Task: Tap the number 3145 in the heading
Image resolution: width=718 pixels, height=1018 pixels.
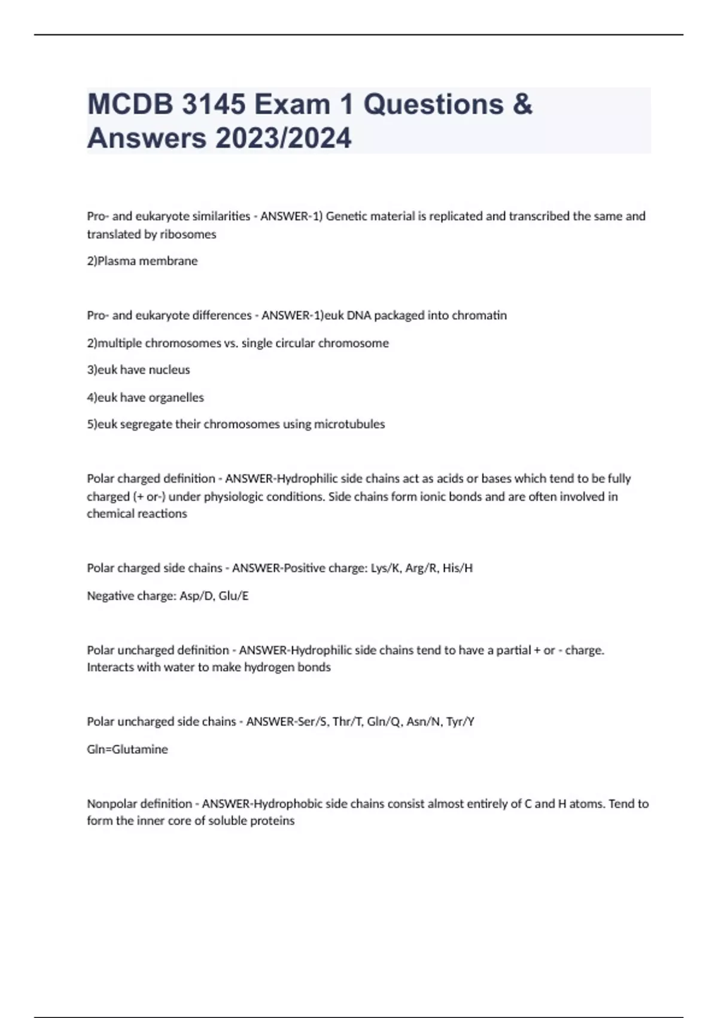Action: (213, 105)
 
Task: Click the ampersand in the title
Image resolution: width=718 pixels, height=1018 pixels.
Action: (522, 105)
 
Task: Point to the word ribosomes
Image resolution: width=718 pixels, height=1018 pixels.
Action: (187, 234)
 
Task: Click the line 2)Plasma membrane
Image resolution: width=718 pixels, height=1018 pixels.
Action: (142, 261)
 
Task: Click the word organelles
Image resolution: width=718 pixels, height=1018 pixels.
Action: (175, 398)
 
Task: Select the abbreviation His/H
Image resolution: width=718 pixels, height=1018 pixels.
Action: (458, 568)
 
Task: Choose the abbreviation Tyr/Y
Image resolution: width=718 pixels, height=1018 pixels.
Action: (461, 722)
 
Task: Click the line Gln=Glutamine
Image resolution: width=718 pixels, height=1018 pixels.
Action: (127, 749)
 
